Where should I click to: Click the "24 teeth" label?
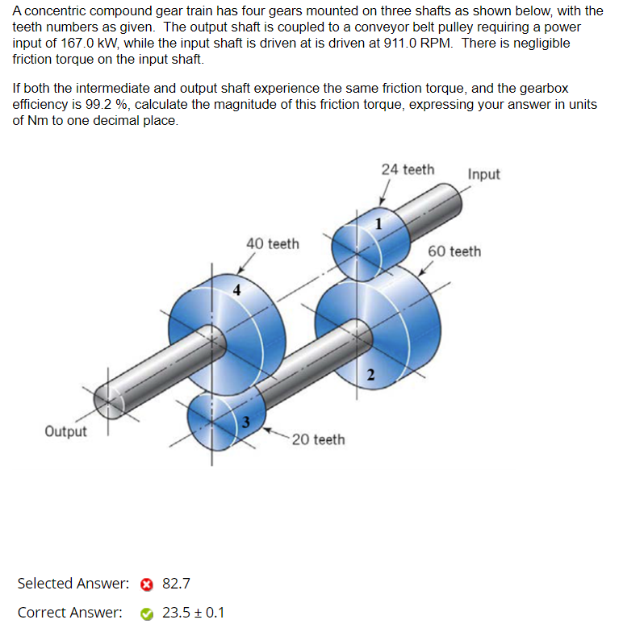point(408,169)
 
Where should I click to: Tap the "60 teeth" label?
point(454,252)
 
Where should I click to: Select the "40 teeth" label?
point(272,243)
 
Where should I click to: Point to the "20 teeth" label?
point(318,439)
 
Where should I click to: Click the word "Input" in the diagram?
point(483,174)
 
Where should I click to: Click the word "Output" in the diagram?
point(65,431)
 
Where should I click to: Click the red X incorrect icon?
point(147,584)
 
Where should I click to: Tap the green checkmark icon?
point(147,613)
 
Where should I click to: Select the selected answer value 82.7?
point(176,584)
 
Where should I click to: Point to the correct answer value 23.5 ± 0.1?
point(194,613)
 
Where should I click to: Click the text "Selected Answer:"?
point(73,584)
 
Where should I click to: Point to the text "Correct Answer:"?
point(70,613)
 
